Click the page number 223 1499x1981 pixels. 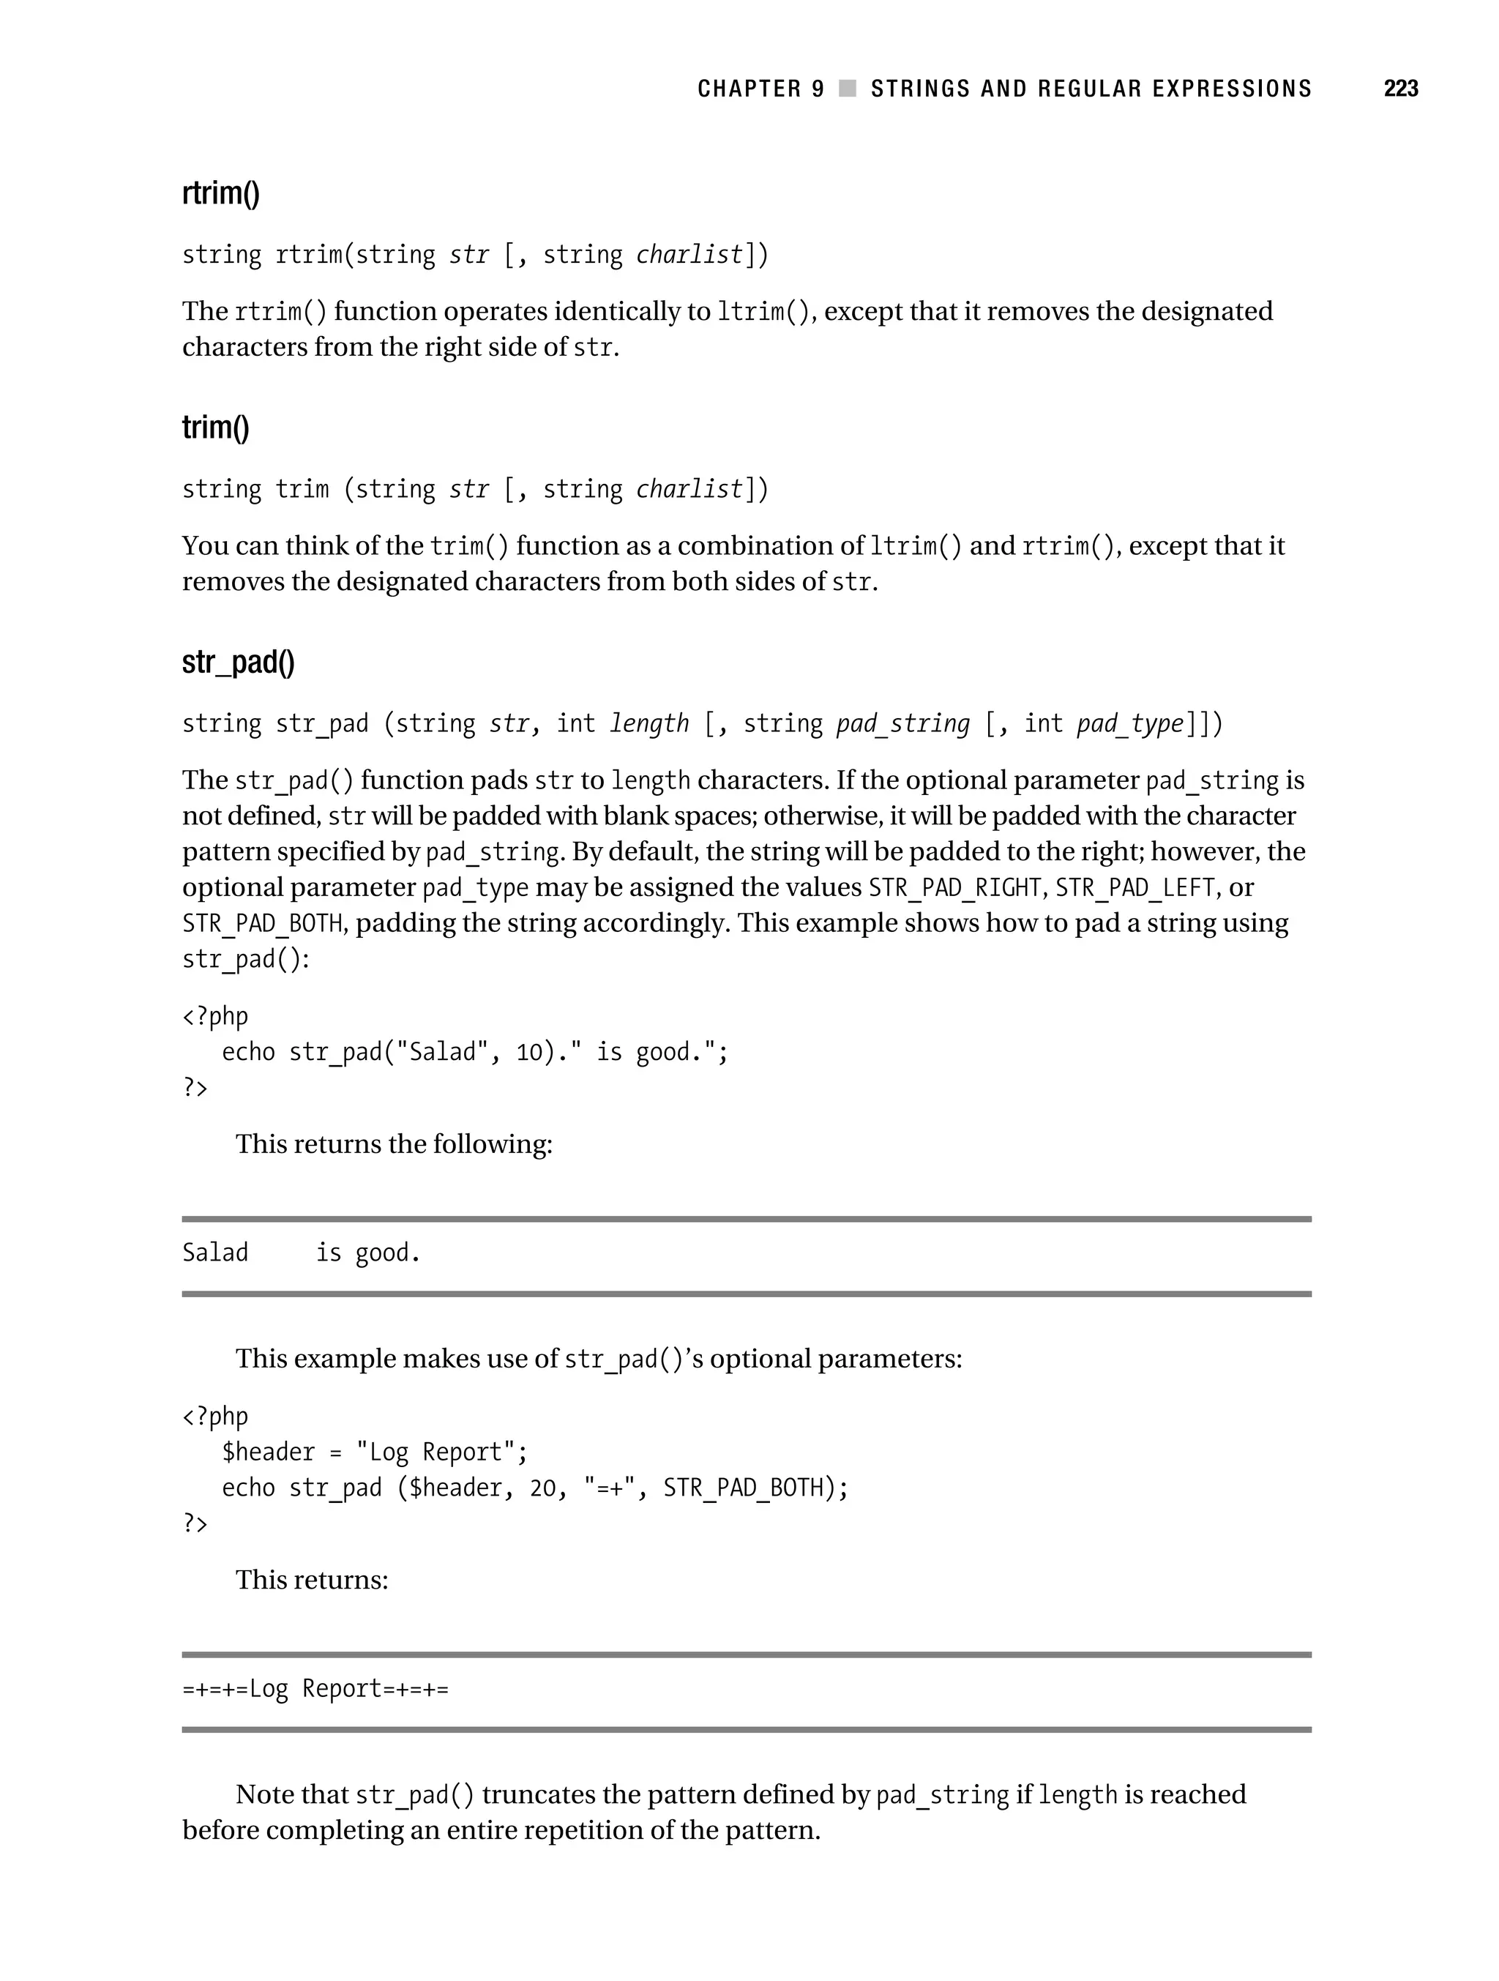(x=1400, y=89)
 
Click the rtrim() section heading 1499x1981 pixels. (x=220, y=193)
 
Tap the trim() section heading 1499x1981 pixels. (x=215, y=428)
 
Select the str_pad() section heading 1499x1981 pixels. (x=237, y=662)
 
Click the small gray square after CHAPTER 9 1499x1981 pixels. (x=847, y=89)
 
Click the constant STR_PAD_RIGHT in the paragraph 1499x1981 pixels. (x=954, y=887)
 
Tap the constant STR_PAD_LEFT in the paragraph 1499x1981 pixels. (x=1134, y=887)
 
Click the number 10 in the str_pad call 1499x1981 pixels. (x=529, y=1051)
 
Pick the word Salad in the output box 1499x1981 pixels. (x=215, y=1252)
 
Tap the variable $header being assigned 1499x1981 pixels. (x=268, y=1452)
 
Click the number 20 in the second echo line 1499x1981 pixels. (x=542, y=1488)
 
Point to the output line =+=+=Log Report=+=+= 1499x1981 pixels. (x=315, y=1688)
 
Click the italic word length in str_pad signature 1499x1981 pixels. (x=649, y=723)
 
